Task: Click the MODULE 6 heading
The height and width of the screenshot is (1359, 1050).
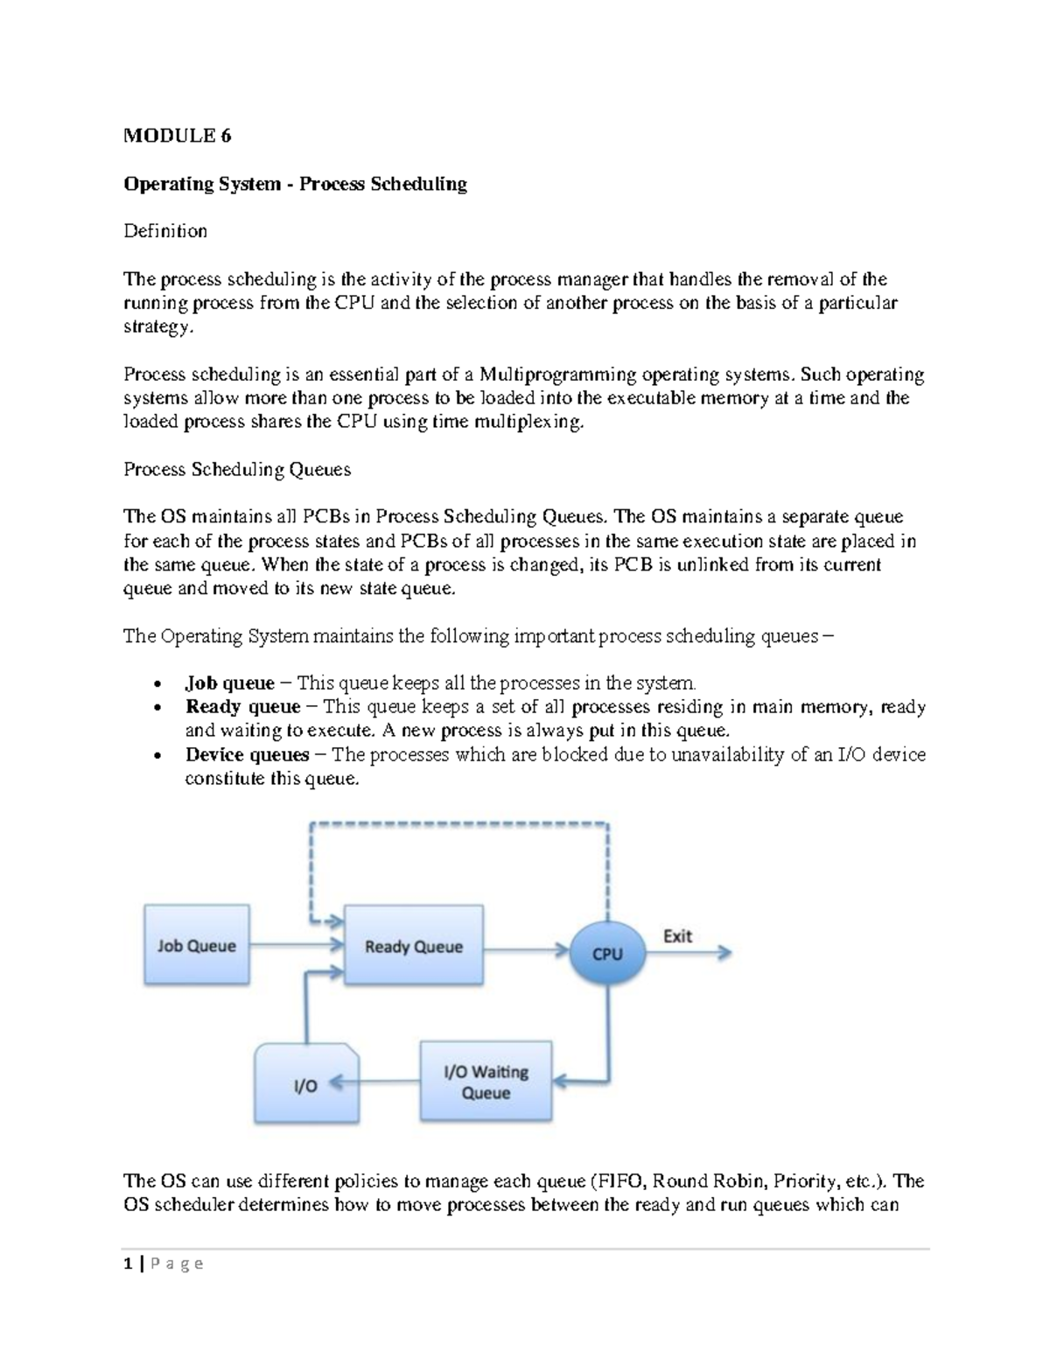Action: coord(178,136)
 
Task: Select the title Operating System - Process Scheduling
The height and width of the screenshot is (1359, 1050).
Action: coord(295,184)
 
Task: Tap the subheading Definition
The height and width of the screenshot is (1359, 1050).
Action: coord(165,231)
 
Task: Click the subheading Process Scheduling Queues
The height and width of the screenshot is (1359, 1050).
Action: coord(237,469)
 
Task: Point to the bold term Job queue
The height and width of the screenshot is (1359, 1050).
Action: coord(229,683)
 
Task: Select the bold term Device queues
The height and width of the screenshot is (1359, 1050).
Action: coord(247,754)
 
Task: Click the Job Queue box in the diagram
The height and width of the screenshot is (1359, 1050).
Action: coord(196,945)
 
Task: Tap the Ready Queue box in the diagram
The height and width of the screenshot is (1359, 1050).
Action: coord(413,946)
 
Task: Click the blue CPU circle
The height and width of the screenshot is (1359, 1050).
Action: coord(607,953)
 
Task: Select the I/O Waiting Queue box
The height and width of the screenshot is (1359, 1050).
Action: coord(486,1082)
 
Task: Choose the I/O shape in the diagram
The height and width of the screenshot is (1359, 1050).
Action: coord(306,1085)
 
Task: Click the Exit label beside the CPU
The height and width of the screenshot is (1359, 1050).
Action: coord(677,935)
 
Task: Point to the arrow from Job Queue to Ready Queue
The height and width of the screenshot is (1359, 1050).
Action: coord(296,945)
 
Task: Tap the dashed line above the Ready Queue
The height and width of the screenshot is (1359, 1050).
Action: coord(459,823)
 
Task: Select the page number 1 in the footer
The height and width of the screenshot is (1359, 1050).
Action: coord(128,1263)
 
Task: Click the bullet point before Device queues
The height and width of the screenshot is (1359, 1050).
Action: coord(157,756)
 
